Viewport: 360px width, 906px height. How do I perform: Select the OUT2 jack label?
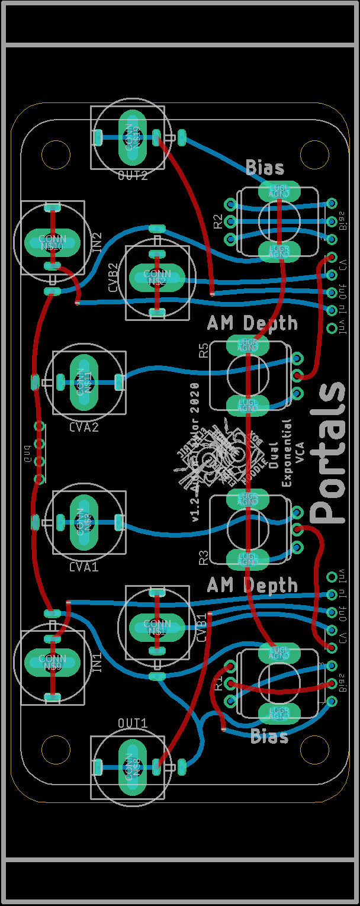133,175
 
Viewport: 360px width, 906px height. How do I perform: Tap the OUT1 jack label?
133,724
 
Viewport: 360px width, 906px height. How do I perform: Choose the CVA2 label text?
83,427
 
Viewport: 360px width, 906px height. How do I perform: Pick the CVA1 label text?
83,567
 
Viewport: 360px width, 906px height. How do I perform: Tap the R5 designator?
203,350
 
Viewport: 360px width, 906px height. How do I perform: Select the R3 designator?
203,557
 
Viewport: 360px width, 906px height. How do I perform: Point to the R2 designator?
218,221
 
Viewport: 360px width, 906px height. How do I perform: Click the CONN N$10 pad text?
52,242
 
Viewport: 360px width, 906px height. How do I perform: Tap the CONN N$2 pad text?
157,277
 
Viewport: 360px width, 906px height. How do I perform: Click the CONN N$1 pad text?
157,627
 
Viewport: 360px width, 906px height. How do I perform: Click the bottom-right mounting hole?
314,751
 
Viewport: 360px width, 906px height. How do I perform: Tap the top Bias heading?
265,167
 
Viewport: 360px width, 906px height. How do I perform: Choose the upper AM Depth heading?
252,323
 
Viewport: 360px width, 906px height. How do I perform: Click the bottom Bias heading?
269,737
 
